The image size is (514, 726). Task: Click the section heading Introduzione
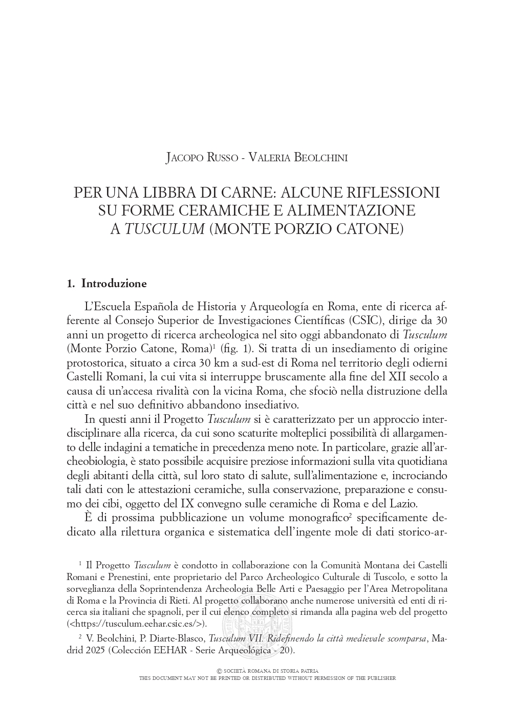click(x=114, y=284)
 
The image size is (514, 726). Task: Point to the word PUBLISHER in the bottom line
click(x=378, y=678)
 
